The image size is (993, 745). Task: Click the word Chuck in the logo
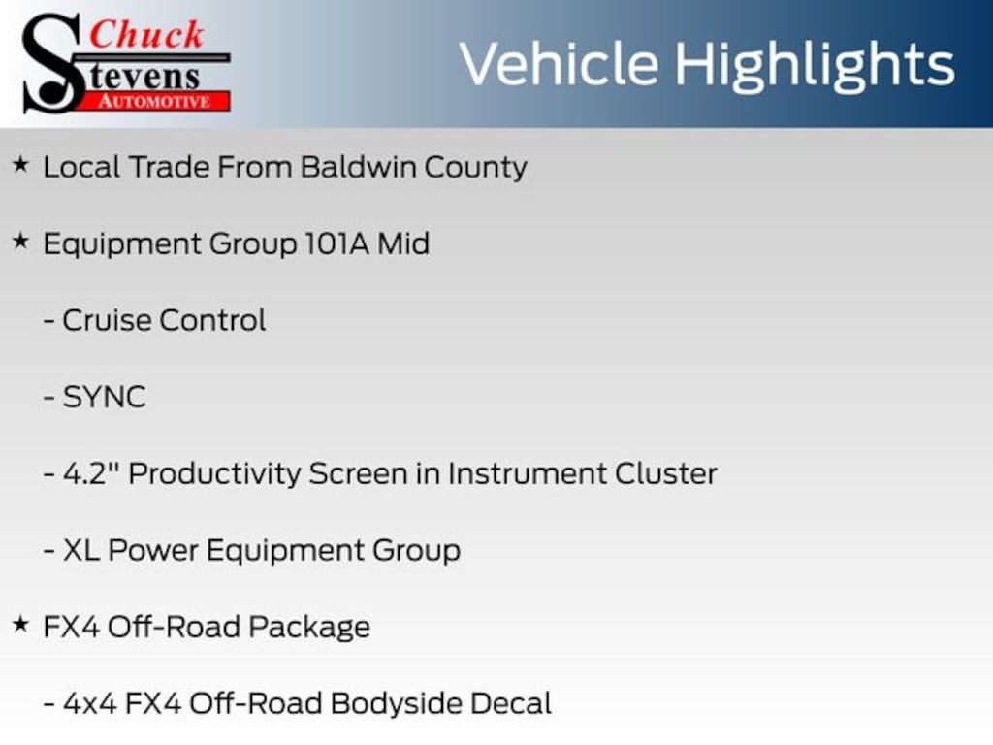point(146,34)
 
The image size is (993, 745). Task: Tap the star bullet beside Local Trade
point(21,165)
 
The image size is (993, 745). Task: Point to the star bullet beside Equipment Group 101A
point(21,241)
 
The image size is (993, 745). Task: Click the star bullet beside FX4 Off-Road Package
point(21,624)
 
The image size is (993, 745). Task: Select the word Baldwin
point(358,167)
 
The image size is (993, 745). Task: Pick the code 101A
point(336,243)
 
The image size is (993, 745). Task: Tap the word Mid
point(403,243)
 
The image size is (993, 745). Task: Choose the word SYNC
point(105,397)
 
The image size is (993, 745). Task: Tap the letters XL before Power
point(81,550)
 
